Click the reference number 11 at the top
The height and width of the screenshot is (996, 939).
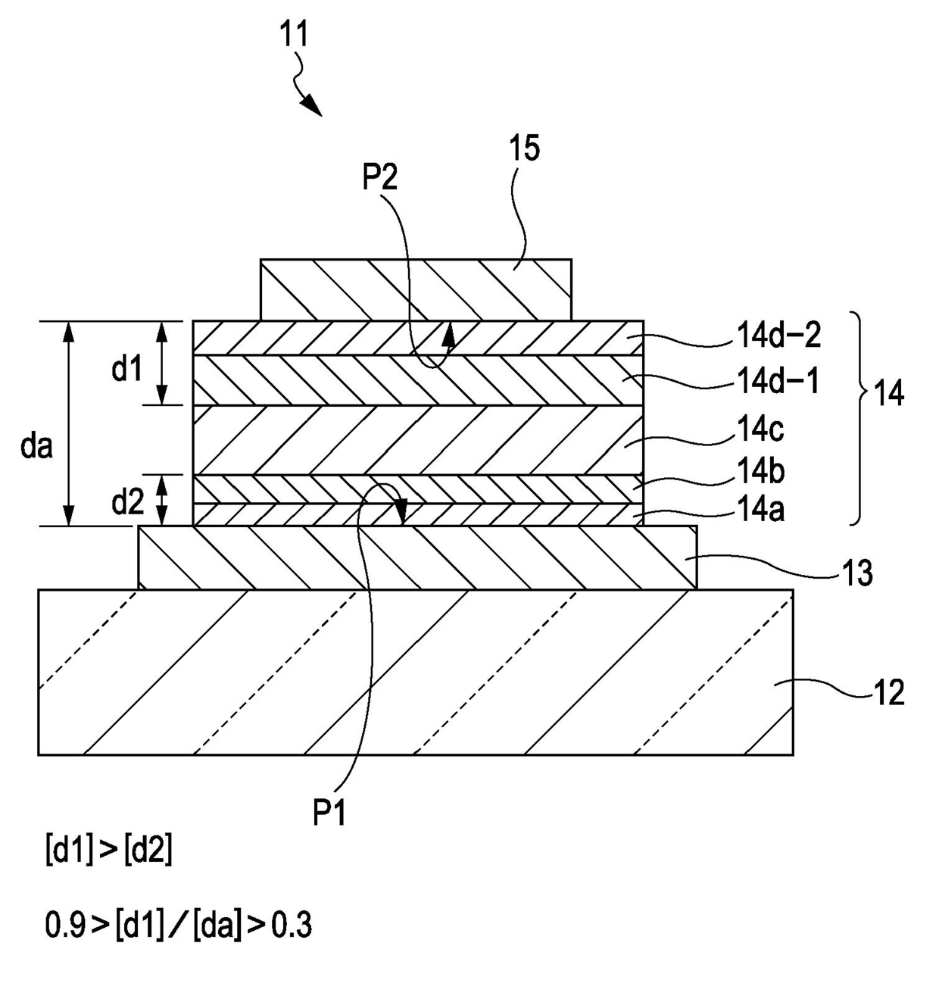pos(295,33)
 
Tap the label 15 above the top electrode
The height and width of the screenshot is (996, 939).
pos(525,148)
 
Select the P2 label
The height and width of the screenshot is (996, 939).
pos(379,177)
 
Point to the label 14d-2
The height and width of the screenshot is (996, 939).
pos(778,336)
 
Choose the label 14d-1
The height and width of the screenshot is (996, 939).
pos(778,382)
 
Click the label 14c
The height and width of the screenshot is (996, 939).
pos(760,429)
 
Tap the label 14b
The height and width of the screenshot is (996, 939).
pos(760,472)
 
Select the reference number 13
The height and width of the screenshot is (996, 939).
pos(857,572)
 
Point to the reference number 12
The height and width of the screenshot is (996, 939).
pos(888,692)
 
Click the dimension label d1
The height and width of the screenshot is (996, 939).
pos(126,369)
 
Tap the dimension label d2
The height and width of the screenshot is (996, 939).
pos(128,502)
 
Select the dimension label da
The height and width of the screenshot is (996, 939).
pos(36,446)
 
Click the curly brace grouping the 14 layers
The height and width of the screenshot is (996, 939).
pos(861,419)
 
